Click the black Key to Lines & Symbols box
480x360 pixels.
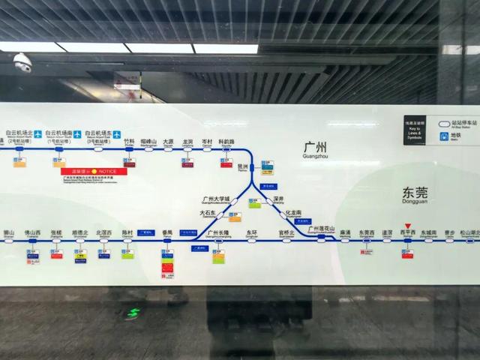tap(414, 129)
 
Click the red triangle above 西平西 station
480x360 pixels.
tap(408, 225)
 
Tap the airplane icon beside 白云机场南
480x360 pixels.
tap(76, 134)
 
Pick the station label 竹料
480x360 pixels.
tap(129, 142)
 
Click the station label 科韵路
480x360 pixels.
tap(226, 142)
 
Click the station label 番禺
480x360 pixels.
tap(168, 233)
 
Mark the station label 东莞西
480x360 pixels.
tap(366, 233)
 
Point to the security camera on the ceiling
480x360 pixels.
tap(22, 62)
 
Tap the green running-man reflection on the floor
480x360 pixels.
tap(133, 313)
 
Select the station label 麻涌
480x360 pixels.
tap(345, 233)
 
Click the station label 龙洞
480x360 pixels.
tap(187, 142)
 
